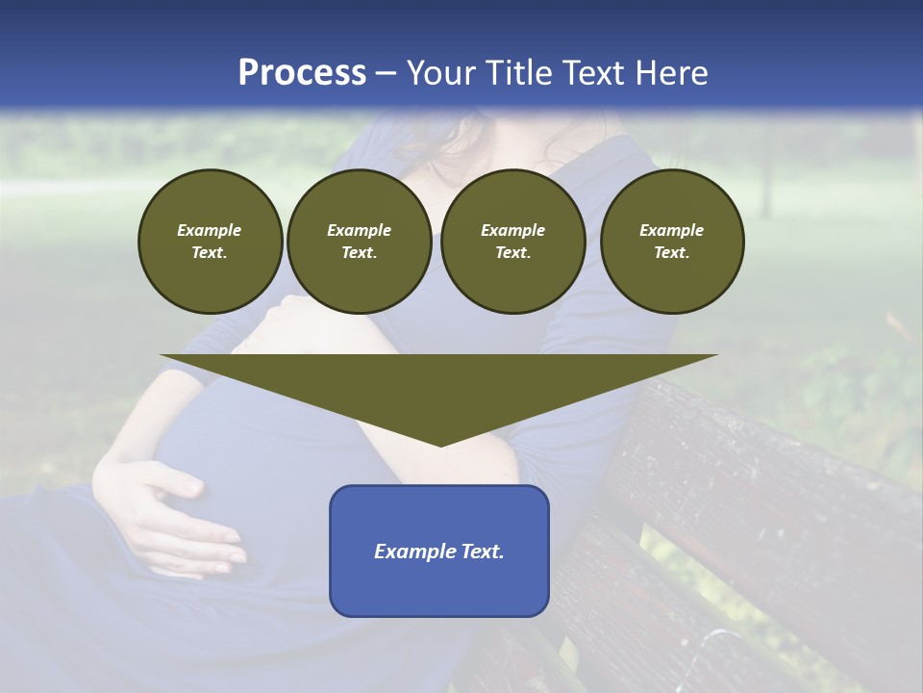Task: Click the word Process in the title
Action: pos(302,73)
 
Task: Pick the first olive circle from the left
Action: pos(210,242)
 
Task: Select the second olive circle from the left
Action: pos(359,242)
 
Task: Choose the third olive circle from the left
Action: pos(512,242)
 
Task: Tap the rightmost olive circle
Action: pos(671,242)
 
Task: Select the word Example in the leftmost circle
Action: pos(210,230)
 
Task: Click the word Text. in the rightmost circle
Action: pos(671,253)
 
